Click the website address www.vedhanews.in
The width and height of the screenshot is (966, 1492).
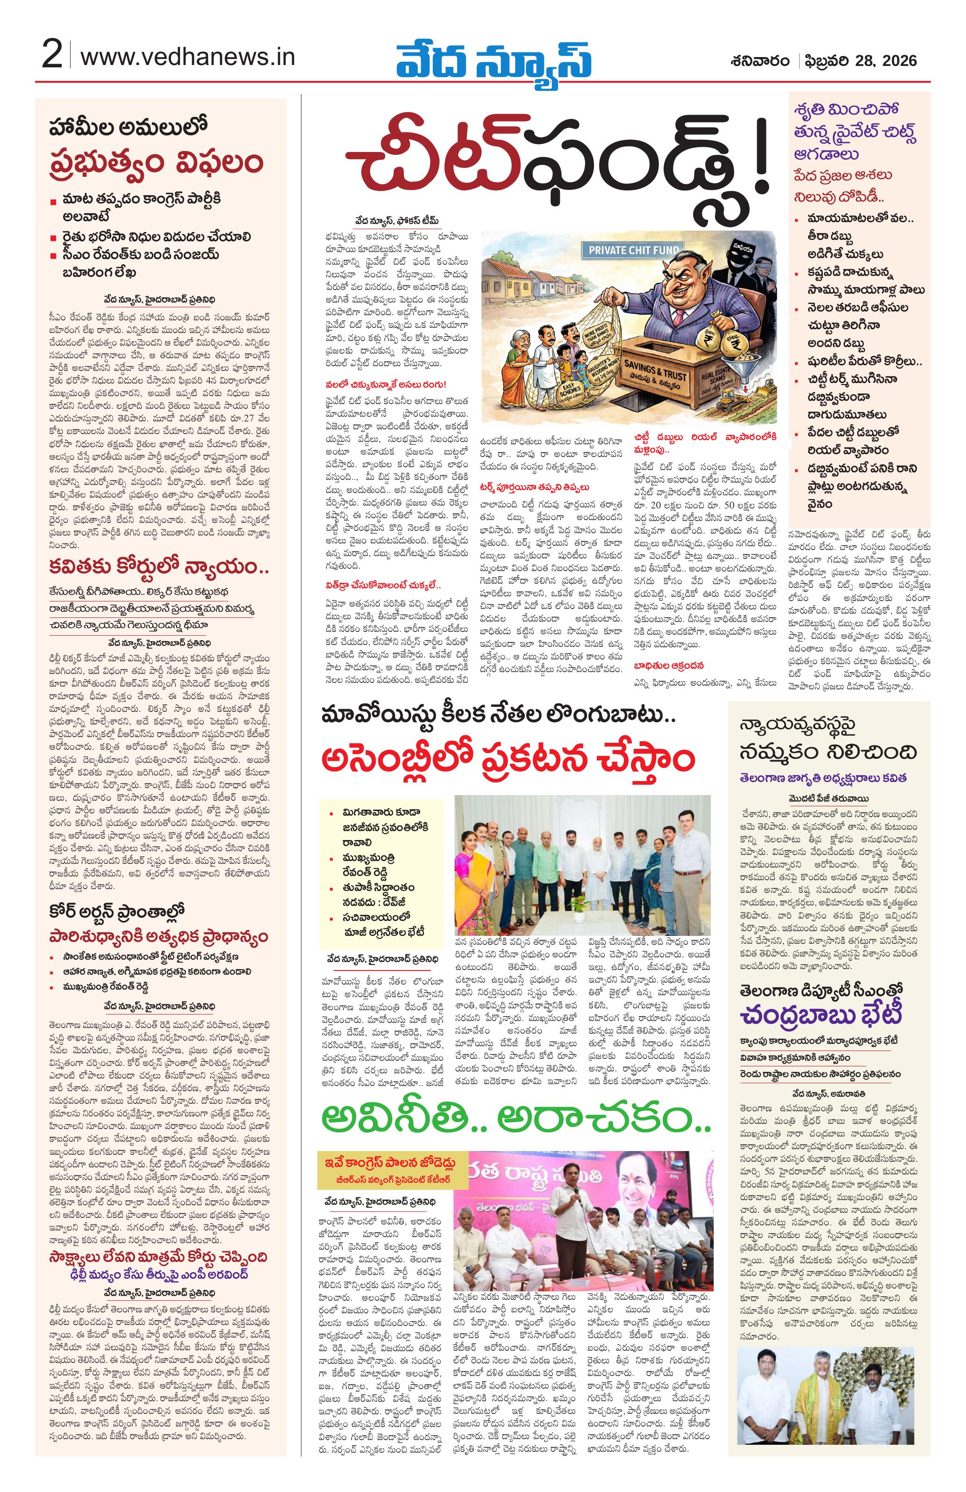(188, 57)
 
